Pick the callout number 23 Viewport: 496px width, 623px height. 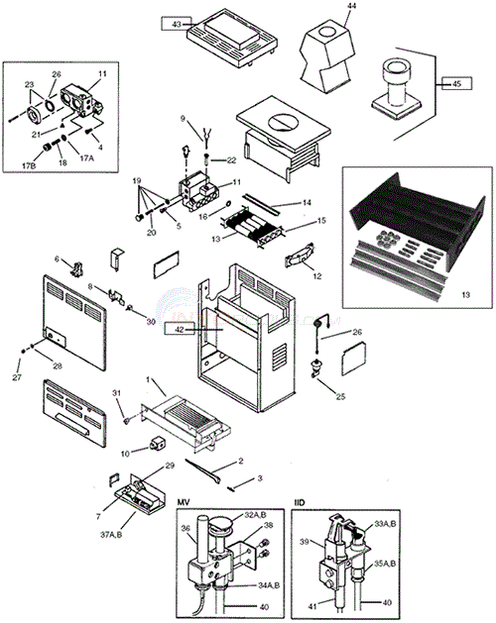pyautogui.click(x=30, y=84)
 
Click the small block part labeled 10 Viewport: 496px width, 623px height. pyautogui.click(x=157, y=442)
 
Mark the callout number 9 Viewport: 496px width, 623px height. pyautogui.click(x=182, y=119)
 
